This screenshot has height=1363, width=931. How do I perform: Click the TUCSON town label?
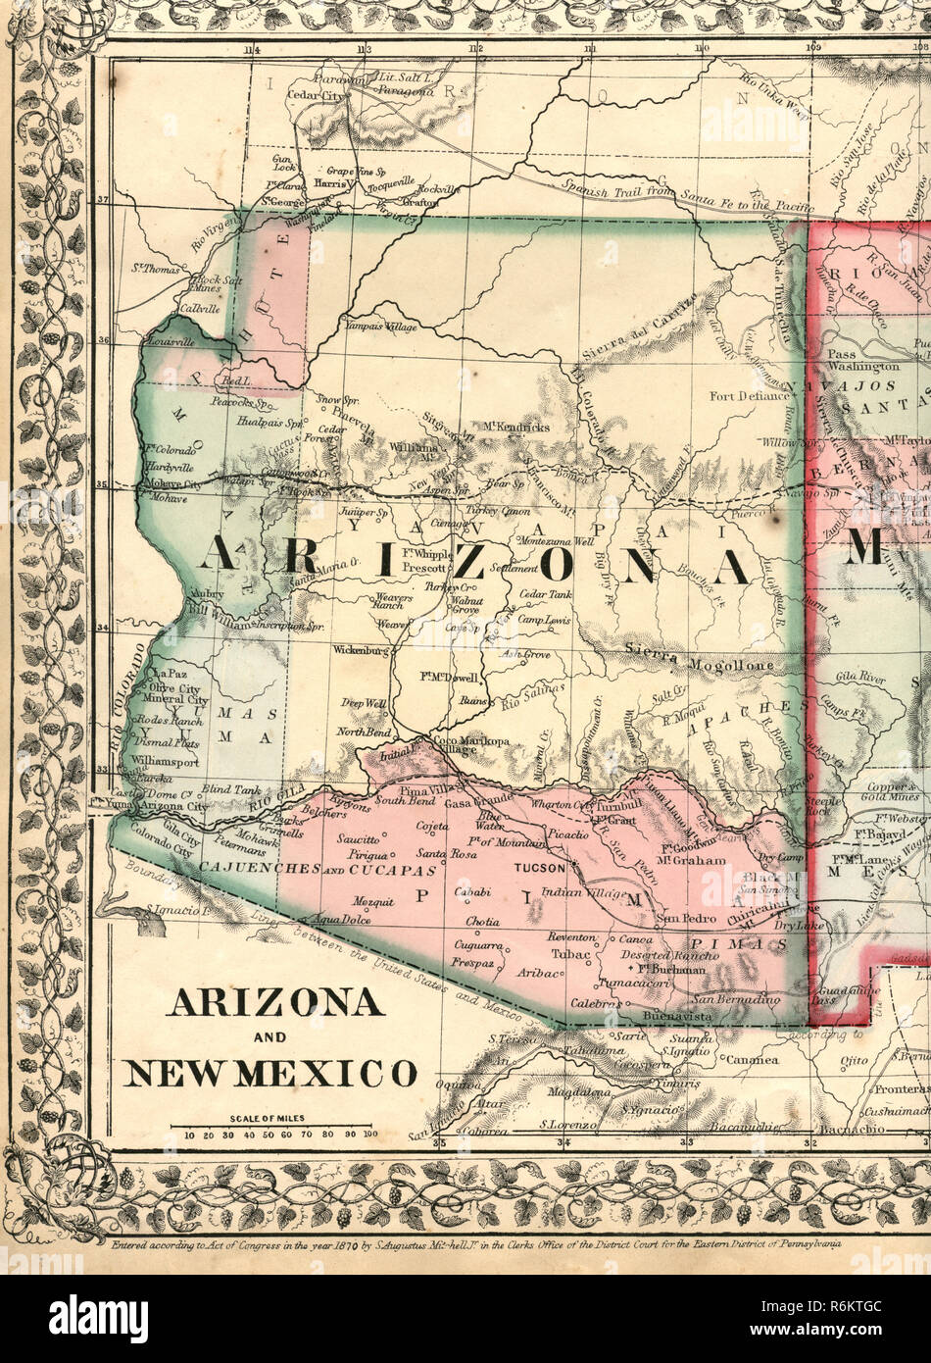pos(539,868)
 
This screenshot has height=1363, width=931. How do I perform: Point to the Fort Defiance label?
pos(750,396)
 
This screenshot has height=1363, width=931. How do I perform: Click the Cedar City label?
pos(316,96)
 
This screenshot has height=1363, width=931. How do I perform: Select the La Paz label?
pos(169,674)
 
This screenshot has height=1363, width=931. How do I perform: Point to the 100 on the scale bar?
pos(369,1136)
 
